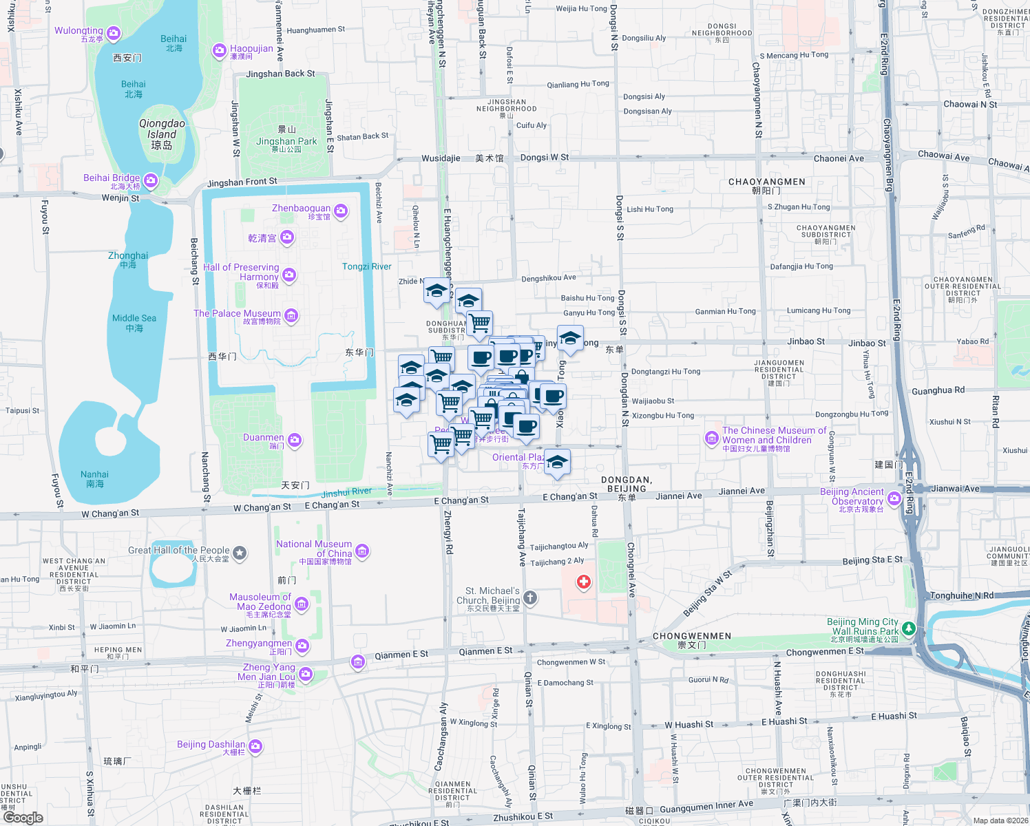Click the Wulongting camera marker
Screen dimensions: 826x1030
pyautogui.click(x=114, y=33)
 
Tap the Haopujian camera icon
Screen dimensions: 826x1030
pyautogui.click(x=219, y=50)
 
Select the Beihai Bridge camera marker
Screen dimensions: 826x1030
pyautogui.click(x=151, y=180)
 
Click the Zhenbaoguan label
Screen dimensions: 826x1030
pyautogui.click(x=301, y=208)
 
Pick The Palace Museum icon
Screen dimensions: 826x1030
pyautogui.click(x=291, y=316)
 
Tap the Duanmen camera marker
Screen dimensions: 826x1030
pyautogui.click(x=295, y=440)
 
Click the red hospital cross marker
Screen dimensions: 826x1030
pyautogui.click(x=584, y=582)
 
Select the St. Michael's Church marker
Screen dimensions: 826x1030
pyautogui.click(x=530, y=597)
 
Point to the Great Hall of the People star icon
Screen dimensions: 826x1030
pyautogui.click(x=240, y=552)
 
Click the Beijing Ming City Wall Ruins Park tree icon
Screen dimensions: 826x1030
pyautogui.click(x=909, y=628)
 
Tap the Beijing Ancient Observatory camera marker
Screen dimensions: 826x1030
pyautogui.click(x=894, y=498)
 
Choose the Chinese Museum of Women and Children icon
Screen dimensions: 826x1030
pyautogui.click(x=712, y=438)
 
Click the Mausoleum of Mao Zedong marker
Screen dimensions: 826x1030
pyautogui.click(x=302, y=604)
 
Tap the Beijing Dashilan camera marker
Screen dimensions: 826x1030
pyautogui.click(x=255, y=746)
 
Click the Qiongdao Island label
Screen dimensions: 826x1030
pyautogui.click(x=162, y=134)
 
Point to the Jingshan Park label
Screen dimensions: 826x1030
pyautogui.click(x=286, y=141)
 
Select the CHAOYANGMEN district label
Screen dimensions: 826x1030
pyautogui.click(x=766, y=182)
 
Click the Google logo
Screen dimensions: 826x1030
pyautogui.click(x=23, y=817)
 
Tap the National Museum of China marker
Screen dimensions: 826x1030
pyautogui.click(x=363, y=551)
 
